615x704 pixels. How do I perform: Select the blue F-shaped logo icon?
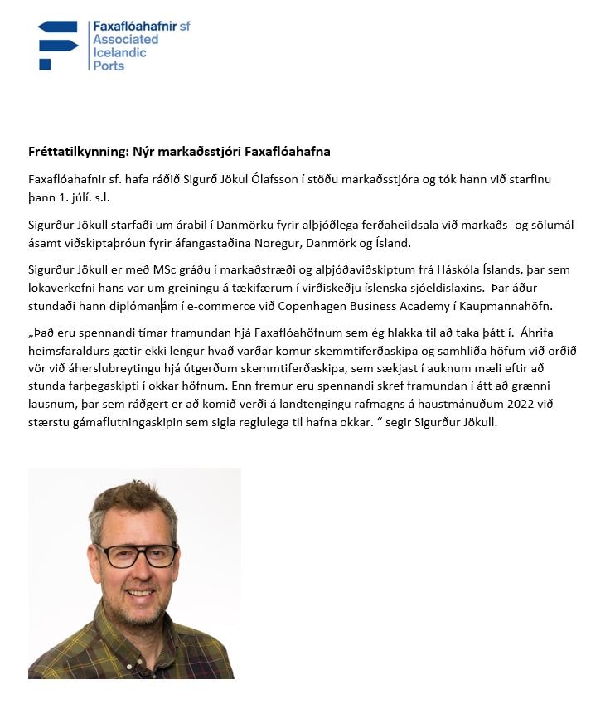(x=57, y=45)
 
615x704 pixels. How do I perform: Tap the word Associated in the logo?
(x=125, y=39)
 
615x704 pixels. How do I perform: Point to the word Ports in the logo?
(x=109, y=66)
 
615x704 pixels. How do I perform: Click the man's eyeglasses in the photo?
(x=137, y=554)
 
